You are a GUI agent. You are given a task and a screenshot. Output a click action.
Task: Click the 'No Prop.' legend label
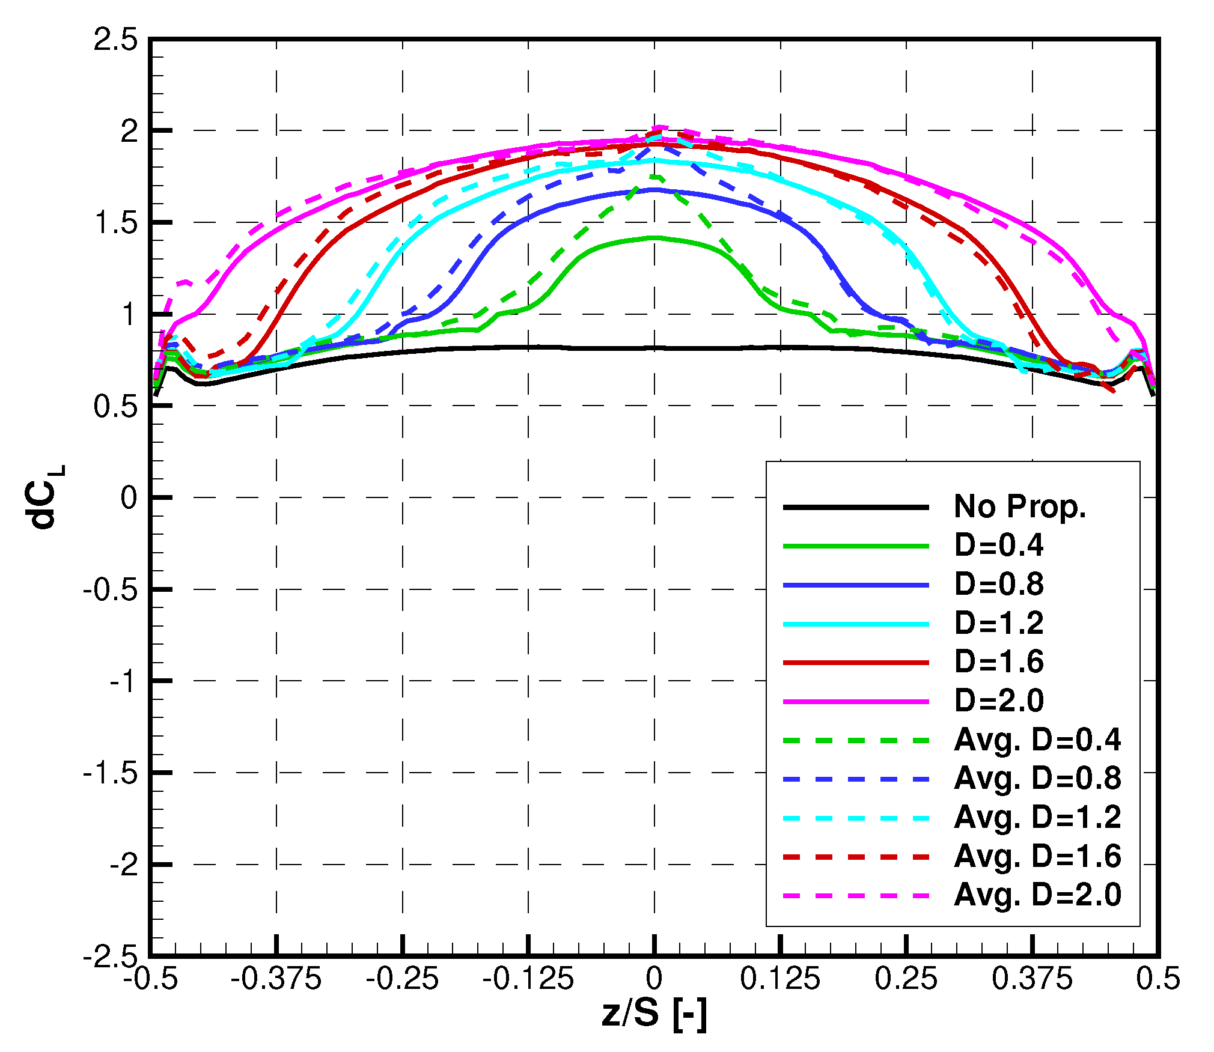click(1020, 506)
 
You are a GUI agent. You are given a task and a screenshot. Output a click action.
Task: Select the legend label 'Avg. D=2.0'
click(1037, 895)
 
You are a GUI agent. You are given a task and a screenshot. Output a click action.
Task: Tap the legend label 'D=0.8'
click(999, 584)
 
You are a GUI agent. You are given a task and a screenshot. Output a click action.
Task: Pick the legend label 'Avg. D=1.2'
click(1037, 817)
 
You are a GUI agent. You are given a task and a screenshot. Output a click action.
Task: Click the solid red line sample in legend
click(856, 662)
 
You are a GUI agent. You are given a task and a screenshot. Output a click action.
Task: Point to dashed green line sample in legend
click(856, 740)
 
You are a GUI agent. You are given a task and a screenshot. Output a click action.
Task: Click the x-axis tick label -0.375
click(276, 979)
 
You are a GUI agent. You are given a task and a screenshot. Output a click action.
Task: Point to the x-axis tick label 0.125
click(779, 979)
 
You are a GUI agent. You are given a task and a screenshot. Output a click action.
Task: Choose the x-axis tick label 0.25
click(906, 979)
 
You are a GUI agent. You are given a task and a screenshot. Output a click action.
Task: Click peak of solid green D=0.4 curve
click(654, 237)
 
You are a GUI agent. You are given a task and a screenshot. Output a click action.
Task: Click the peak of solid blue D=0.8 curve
click(654, 189)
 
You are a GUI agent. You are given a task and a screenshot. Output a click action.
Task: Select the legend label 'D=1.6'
click(999, 661)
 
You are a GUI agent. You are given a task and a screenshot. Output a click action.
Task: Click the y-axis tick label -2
click(125, 865)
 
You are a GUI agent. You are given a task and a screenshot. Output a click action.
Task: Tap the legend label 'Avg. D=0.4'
click(1037, 740)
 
